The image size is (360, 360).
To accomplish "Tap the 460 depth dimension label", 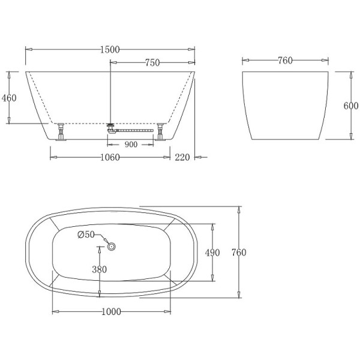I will click(x=9, y=98).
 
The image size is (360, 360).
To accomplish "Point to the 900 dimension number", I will click(x=131, y=145).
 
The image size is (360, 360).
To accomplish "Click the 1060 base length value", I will click(x=109, y=158).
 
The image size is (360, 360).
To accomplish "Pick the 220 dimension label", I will click(x=182, y=158).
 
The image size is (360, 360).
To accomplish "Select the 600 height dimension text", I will click(x=351, y=106).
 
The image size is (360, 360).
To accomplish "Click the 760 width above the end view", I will click(x=285, y=61).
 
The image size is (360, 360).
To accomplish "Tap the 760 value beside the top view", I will click(x=238, y=253).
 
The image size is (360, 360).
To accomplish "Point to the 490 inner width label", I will click(x=212, y=253).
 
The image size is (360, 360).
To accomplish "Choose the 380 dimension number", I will click(x=99, y=269).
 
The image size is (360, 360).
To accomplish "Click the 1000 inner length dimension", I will click(x=112, y=311).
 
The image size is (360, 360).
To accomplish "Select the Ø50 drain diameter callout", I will click(x=86, y=235).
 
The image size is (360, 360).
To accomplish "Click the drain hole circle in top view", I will click(x=111, y=245).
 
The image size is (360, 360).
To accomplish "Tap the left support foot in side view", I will click(x=61, y=132).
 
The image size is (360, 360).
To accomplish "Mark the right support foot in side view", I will click(x=160, y=132).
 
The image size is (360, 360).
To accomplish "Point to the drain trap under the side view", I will click(x=110, y=128).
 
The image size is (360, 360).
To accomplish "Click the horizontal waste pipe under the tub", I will click(x=135, y=128).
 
